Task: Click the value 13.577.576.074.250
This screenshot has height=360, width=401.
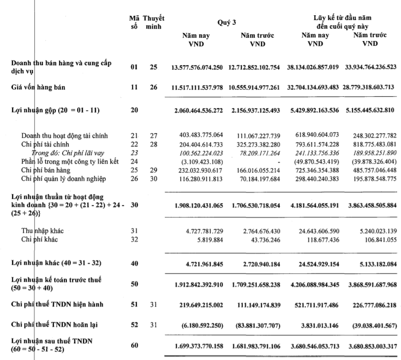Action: (196, 67)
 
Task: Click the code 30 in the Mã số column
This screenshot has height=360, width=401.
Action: (134, 205)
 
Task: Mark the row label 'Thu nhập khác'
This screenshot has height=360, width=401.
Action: (40, 231)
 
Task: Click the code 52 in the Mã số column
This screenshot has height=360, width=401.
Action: (134, 325)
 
